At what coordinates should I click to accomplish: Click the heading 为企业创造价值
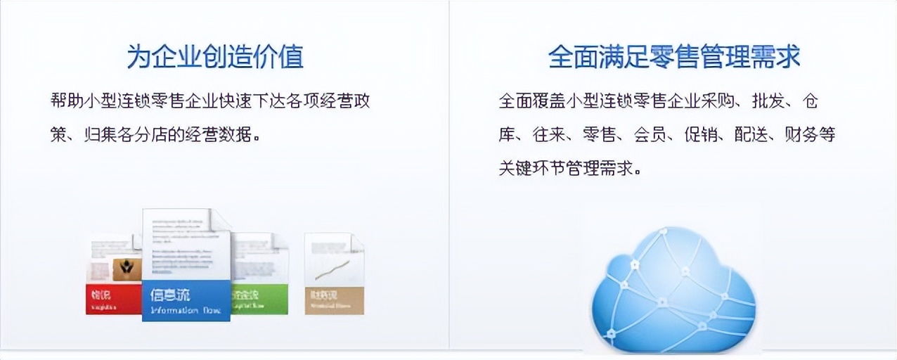(x=215, y=56)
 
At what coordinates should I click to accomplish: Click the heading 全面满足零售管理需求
(x=673, y=56)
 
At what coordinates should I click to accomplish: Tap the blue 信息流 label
(x=170, y=295)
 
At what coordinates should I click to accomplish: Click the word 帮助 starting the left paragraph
(x=68, y=101)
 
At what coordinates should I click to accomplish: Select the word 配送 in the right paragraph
(x=751, y=134)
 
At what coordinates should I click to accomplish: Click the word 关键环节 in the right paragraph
(x=532, y=168)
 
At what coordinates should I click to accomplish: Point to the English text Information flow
(x=185, y=310)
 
